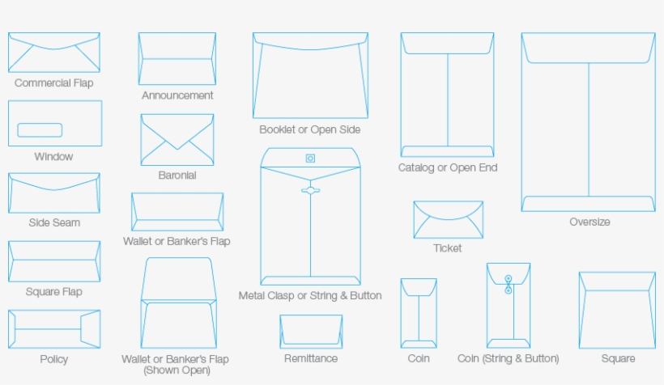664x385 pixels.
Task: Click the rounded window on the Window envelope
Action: click(x=40, y=129)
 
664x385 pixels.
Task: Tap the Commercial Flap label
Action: click(x=53, y=83)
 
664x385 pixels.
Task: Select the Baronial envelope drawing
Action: click(x=177, y=139)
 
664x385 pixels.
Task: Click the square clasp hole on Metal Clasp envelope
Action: click(x=310, y=159)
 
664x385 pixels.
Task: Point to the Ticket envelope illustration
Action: click(x=448, y=220)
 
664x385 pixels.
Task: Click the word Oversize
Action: click(x=589, y=222)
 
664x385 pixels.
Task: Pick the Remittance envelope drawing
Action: click(x=311, y=332)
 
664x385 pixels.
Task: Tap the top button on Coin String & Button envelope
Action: click(x=508, y=278)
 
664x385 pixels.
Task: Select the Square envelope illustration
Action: click(x=617, y=310)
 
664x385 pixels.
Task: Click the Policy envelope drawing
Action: click(x=54, y=329)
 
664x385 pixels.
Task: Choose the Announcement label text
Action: click(x=177, y=95)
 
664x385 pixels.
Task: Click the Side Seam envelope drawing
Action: click(x=54, y=192)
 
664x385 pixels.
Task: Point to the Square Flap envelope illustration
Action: click(x=54, y=261)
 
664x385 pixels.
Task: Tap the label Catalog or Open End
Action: click(x=448, y=168)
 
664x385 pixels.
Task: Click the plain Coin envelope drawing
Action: click(x=418, y=313)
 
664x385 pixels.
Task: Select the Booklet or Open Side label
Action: click(x=309, y=129)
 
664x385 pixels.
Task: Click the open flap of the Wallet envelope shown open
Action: click(x=177, y=279)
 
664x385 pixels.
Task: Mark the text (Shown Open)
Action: click(x=176, y=370)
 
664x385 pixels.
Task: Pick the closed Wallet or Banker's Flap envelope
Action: click(x=177, y=212)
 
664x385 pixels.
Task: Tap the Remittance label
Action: click(x=311, y=358)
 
